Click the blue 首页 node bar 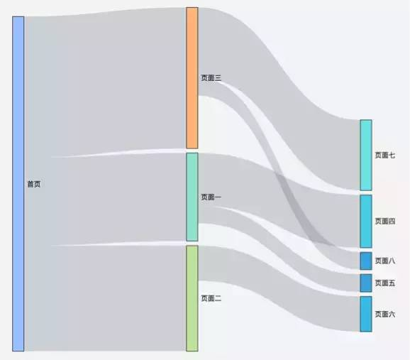coord(18,184)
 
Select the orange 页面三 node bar coord(192,78)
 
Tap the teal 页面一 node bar coord(192,197)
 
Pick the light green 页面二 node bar coord(192,298)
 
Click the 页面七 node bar coord(366,155)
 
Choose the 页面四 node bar coord(366,222)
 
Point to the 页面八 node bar coord(366,261)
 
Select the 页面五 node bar coord(366,283)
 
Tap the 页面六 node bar coord(366,314)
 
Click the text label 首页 coord(34,184)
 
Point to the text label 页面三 coord(211,78)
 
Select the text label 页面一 coord(211,197)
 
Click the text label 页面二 coord(211,298)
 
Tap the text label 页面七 coord(385,156)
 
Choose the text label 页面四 coord(385,222)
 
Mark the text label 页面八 coord(385,261)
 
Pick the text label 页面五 coord(385,283)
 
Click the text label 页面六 coord(385,314)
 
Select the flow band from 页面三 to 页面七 coord(279,99)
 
